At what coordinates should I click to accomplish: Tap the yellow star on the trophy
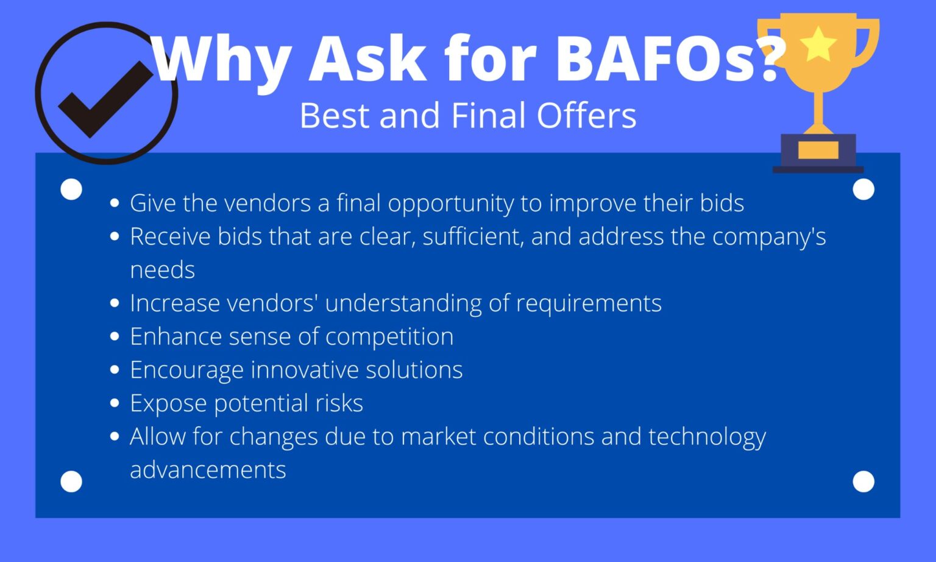coord(818,44)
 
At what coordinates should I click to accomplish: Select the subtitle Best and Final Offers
coord(468,115)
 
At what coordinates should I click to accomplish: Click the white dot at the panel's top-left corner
coord(71,189)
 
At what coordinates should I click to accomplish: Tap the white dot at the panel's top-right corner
coord(863,189)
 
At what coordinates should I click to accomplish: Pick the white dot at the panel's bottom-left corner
coord(71,482)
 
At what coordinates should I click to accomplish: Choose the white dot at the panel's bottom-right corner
coord(863,482)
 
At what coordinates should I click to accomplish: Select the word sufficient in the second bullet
coord(473,237)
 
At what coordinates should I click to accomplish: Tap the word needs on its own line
coord(162,270)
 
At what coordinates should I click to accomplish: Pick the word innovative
coord(305,370)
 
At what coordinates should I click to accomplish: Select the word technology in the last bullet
coord(707,437)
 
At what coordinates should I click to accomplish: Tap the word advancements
coord(208,470)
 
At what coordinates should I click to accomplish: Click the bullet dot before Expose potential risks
coord(115,404)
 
